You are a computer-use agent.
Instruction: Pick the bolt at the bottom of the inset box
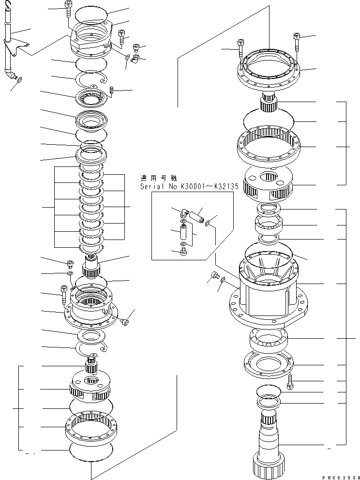tap(184, 251)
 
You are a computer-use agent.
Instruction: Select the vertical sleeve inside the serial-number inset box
tap(184, 233)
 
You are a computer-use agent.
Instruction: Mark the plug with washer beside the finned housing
tap(213, 277)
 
